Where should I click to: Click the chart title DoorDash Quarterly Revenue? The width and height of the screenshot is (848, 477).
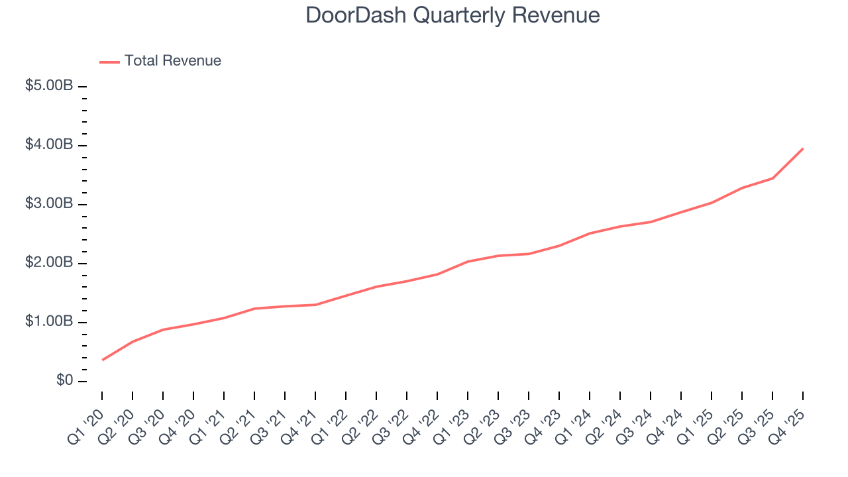[452, 15]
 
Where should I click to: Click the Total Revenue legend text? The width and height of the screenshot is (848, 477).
[172, 61]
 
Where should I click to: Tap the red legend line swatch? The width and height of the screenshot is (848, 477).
[109, 62]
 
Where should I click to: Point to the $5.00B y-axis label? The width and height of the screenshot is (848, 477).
[49, 86]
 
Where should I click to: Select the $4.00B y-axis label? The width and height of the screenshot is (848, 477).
[49, 145]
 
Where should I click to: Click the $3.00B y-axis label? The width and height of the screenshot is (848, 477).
[49, 204]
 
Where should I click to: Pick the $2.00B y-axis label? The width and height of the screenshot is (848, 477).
[49, 263]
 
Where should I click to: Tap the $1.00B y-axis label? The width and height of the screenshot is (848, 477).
[49, 322]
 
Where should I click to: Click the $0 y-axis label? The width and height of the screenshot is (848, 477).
[64, 381]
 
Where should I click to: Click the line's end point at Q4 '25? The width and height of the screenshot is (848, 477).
[803, 148]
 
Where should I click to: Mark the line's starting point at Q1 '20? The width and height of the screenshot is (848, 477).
[102, 360]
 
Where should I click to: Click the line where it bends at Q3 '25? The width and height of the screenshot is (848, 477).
[772, 178]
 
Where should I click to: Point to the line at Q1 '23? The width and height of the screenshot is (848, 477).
[468, 262]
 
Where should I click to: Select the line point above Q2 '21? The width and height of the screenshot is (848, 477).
[254, 308]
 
